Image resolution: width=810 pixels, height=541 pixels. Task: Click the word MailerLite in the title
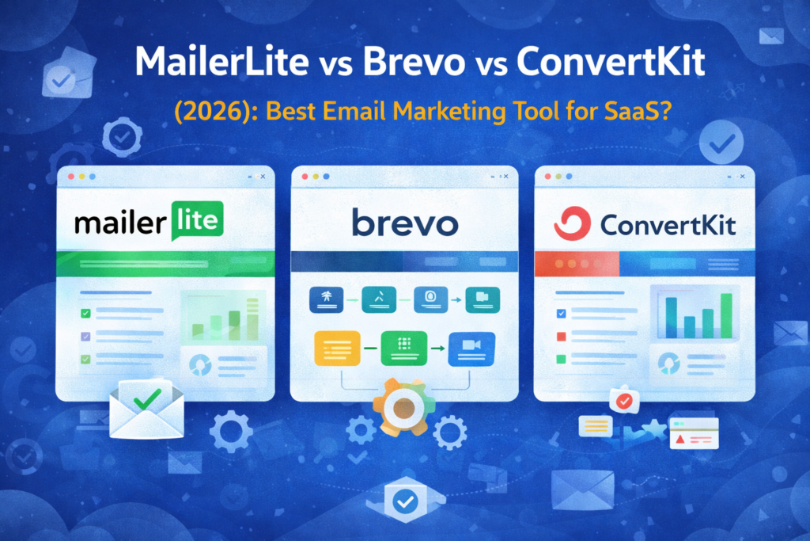[222, 62]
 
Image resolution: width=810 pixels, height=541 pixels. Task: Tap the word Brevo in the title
[414, 62]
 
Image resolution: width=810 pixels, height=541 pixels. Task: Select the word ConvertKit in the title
[611, 62]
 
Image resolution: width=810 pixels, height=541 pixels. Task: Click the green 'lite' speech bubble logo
[197, 221]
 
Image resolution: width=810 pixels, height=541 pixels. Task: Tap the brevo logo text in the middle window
[404, 223]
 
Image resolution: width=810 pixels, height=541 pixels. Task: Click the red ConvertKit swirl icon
[572, 223]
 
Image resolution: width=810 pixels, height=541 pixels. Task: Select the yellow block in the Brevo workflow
[337, 348]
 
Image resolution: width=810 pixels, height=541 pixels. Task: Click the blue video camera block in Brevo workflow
[471, 349]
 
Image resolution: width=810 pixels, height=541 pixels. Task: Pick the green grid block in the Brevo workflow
[404, 348]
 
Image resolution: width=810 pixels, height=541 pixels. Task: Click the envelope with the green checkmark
[146, 409]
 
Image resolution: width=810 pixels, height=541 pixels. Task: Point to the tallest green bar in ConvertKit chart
[726, 315]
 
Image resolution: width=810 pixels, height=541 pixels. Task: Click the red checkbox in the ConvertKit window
[561, 337]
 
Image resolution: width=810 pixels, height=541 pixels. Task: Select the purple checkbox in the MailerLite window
[85, 336]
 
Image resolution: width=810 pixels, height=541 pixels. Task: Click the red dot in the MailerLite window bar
[71, 177]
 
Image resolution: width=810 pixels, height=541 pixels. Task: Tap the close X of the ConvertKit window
[742, 177]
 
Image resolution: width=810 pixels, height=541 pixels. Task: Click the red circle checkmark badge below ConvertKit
[625, 401]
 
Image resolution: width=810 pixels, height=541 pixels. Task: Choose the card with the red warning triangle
[694, 433]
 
